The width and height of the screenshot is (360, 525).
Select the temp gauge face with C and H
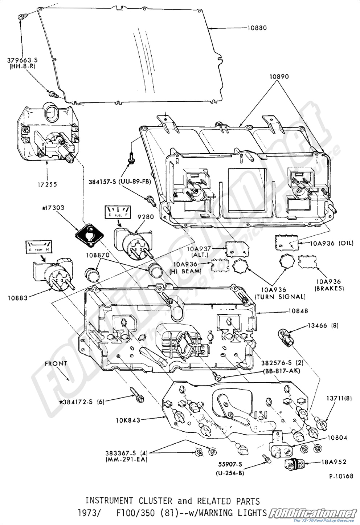coord(38,247)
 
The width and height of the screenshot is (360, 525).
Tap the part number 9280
coord(146,217)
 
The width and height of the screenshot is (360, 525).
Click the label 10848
coord(298,311)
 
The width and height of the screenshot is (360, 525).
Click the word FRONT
coord(56,363)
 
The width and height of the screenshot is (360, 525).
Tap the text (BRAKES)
coord(330,288)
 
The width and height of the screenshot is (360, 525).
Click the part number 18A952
coord(333,462)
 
